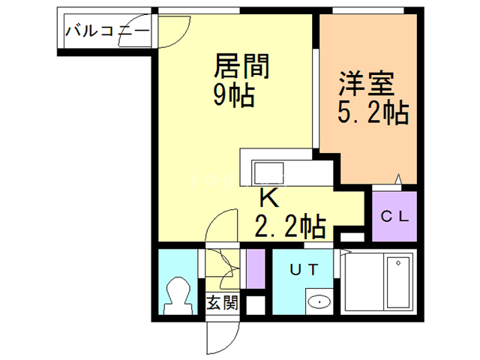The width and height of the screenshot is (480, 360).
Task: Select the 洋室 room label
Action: pyautogui.click(x=366, y=81)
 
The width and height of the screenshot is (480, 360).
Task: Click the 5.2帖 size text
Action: pyautogui.click(x=372, y=113)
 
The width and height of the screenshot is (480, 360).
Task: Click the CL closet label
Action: pyautogui.click(x=394, y=217)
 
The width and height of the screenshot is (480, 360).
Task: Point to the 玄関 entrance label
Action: pyautogui.click(x=223, y=304)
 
